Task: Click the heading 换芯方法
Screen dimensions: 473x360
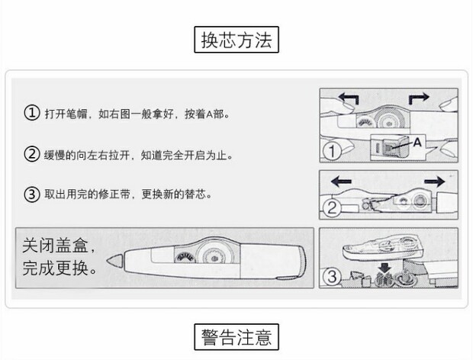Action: point(236,40)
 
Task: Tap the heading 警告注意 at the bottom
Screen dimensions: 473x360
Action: point(236,336)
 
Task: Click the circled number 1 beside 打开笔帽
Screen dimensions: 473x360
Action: point(31,114)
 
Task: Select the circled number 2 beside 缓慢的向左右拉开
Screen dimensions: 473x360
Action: point(31,154)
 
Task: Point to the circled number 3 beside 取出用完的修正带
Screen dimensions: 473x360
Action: point(31,194)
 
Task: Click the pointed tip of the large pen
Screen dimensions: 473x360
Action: point(114,260)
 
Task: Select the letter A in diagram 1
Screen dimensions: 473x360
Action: point(417,142)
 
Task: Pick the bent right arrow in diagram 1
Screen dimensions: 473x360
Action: point(420,99)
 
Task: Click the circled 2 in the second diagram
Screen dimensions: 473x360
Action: point(330,208)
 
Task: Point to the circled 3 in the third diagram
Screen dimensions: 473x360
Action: point(331,278)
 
